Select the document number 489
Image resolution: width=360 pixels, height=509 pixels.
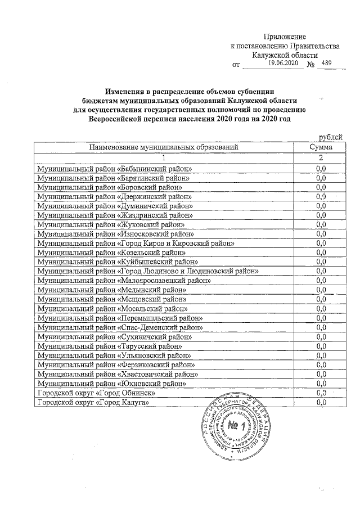(x=325, y=64)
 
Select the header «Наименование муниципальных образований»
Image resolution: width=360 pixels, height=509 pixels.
(x=163, y=147)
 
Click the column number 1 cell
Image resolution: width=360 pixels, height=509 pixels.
(x=163, y=157)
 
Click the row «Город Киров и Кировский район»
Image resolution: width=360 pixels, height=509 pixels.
(x=135, y=243)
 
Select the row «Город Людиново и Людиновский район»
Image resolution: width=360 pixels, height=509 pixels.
(x=147, y=271)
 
